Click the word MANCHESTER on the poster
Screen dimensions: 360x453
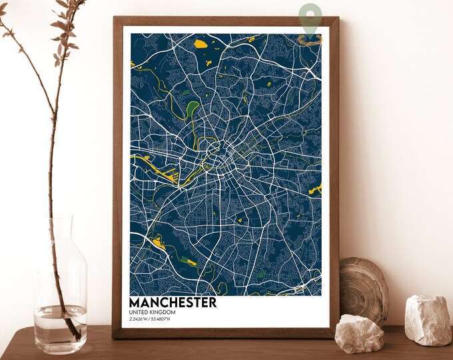tap(173, 302)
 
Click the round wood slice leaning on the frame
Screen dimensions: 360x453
tap(363, 290)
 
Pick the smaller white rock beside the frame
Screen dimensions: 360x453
tap(358, 333)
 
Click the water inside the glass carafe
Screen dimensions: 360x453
tap(60, 327)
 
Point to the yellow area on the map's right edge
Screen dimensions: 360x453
tap(315, 189)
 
